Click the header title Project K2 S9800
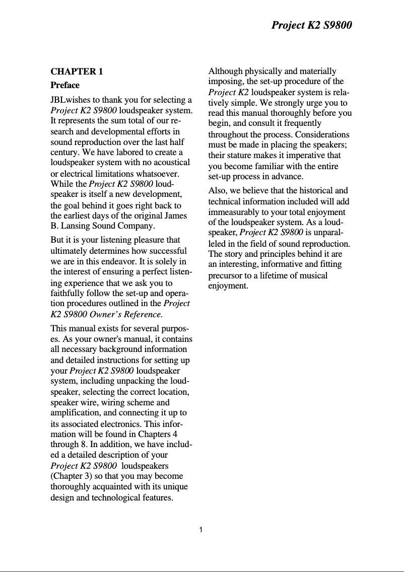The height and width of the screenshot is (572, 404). click(x=311, y=25)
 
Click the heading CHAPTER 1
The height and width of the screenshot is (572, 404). click(x=77, y=71)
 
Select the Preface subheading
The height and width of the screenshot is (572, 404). click(x=65, y=85)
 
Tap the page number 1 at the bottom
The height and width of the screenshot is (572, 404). click(x=201, y=529)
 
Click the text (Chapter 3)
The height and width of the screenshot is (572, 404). click(x=70, y=476)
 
